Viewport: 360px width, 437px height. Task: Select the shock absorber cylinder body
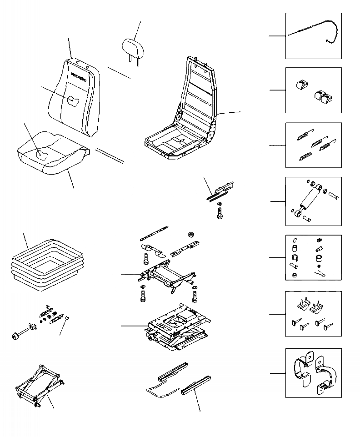[x=310, y=200]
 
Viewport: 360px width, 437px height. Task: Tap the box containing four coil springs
[x=313, y=145]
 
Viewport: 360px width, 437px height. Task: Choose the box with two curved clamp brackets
[x=313, y=373]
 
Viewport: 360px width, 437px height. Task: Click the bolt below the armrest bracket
[x=220, y=214]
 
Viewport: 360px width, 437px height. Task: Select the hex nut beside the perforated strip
[x=190, y=235]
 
